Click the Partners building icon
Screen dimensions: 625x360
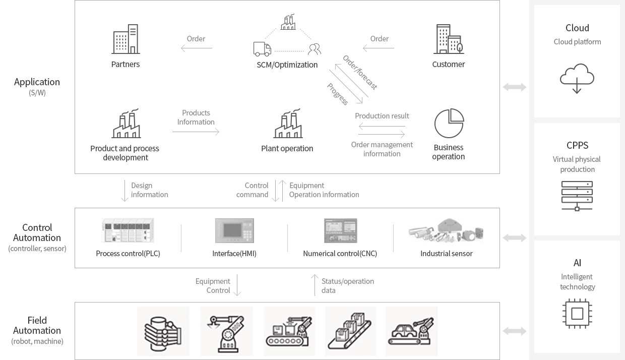coord(126,39)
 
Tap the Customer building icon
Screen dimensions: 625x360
coord(449,39)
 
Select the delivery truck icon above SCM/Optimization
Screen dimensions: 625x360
coord(262,49)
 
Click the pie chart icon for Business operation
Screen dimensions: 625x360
coord(449,123)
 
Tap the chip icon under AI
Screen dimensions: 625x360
coord(577,314)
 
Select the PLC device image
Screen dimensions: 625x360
coord(128,230)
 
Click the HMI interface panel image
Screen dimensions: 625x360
coord(234,230)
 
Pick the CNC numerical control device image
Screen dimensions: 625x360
coord(340,230)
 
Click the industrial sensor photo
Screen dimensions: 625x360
coord(446,230)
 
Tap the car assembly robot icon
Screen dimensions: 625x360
coord(412,331)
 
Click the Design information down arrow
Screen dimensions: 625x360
coord(124,191)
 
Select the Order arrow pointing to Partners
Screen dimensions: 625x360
coord(197,48)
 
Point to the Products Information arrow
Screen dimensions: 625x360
coord(196,132)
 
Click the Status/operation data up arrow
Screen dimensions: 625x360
coord(315,285)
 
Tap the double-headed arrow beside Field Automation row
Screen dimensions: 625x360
coord(515,331)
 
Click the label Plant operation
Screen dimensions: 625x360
coord(287,148)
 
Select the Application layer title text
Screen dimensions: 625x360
coord(37,82)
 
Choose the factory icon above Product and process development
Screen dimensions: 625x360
coord(126,124)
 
